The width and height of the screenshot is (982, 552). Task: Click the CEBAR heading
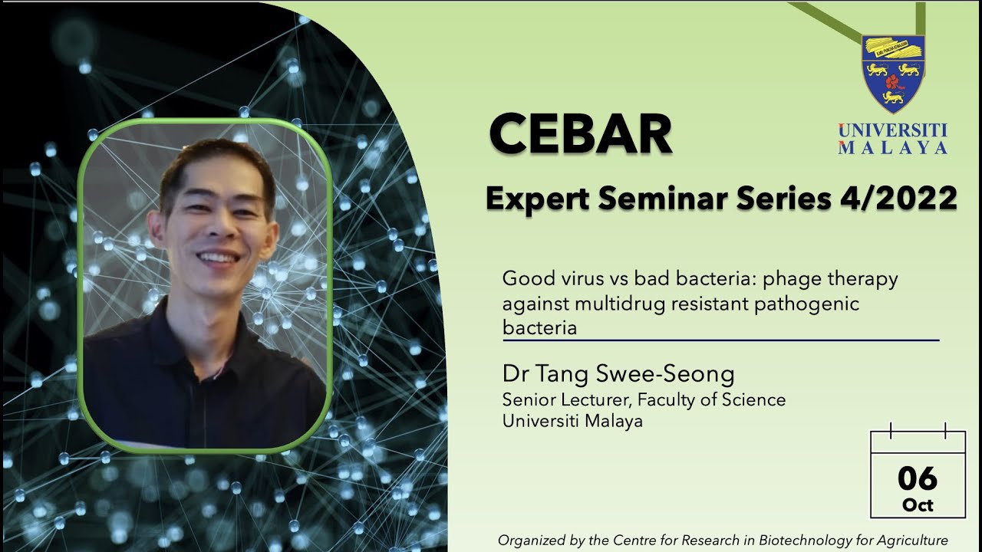580,134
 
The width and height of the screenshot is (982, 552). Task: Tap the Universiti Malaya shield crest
892,73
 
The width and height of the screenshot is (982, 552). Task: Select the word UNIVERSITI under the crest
892,130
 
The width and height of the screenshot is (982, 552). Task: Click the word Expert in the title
538,199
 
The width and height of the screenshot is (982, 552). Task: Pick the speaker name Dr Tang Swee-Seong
618,374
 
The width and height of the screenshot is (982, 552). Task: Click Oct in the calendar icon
918,505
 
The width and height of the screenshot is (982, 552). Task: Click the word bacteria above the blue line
539,328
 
